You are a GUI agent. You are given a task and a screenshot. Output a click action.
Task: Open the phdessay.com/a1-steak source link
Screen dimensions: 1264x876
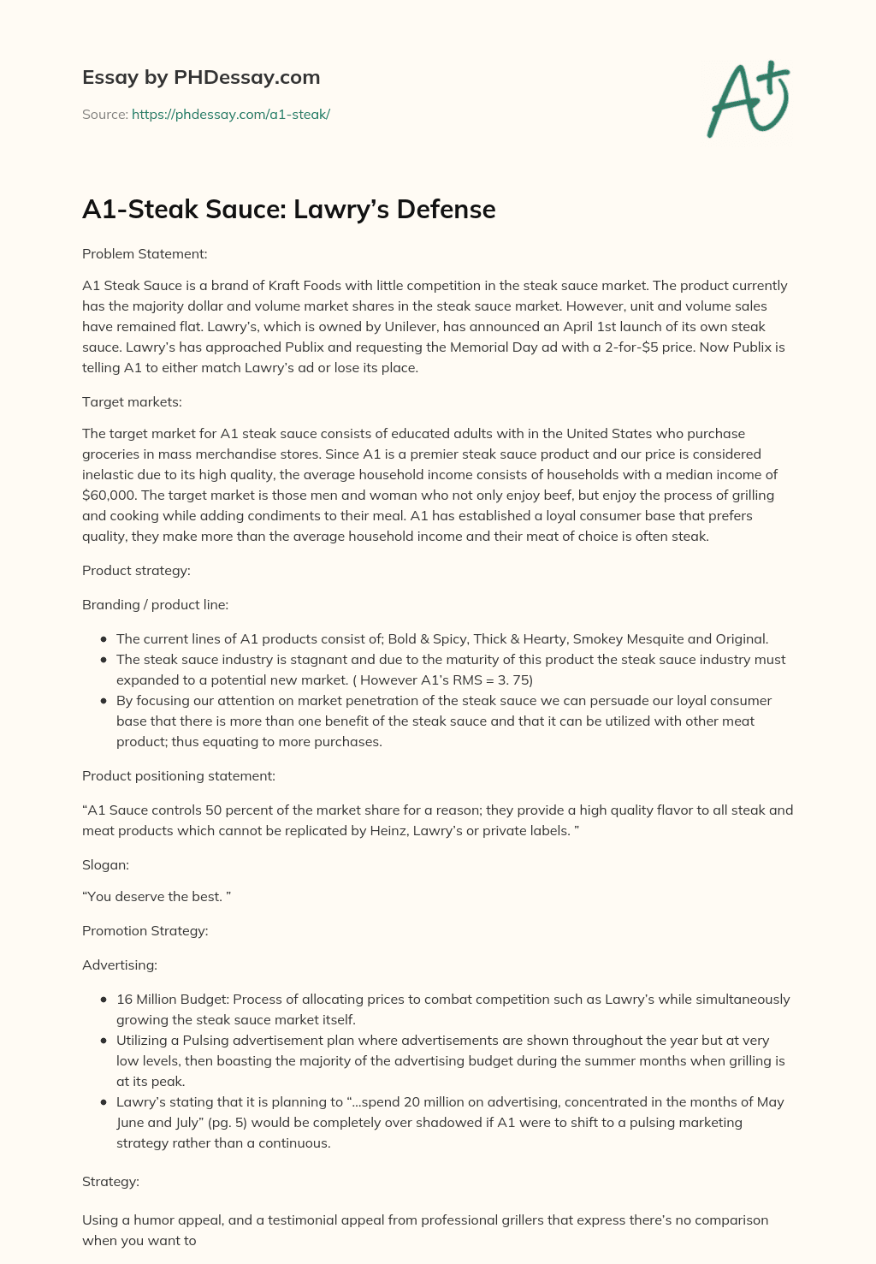click(x=230, y=114)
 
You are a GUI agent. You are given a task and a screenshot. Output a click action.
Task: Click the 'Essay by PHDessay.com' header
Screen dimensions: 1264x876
click(x=201, y=77)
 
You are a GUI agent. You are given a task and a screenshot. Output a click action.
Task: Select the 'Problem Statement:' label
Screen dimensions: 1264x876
click(x=145, y=253)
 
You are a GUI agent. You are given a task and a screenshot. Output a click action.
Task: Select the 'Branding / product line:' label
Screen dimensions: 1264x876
click(x=155, y=604)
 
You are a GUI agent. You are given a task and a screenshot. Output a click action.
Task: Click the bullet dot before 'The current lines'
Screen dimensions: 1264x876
click(x=104, y=639)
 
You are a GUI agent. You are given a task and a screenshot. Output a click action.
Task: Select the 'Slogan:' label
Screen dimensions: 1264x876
click(x=105, y=864)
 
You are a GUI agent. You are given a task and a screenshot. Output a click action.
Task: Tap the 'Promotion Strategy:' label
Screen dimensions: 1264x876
click(x=145, y=930)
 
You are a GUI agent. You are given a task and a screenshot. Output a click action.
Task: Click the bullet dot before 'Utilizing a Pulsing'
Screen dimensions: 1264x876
click(x=104, y=1041)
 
